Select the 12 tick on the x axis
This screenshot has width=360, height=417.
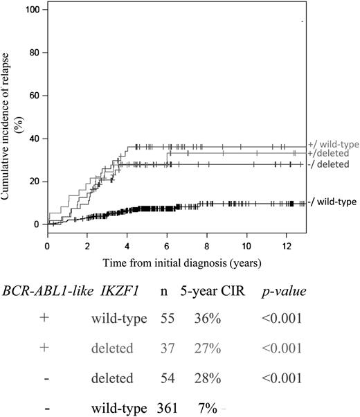pos(286,246)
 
